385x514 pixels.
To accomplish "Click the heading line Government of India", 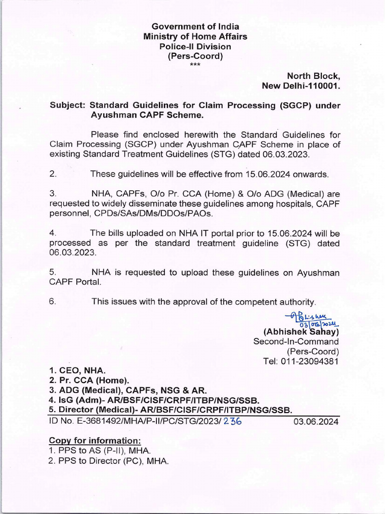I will point(195,27).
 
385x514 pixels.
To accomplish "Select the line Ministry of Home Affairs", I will point(195,37).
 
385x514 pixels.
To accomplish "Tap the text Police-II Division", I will point(195,46).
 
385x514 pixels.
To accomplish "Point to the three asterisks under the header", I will point(195,65).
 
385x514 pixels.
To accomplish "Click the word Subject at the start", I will point(68,105).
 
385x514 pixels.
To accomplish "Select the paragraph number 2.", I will point(53,174).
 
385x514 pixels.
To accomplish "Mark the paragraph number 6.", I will point(53,302).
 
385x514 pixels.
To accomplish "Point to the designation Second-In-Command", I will point(296,341).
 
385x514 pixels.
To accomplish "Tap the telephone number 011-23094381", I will point(309,361).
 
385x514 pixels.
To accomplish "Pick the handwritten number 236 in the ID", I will point(233,422).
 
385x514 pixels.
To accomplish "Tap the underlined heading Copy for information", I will point(88,440).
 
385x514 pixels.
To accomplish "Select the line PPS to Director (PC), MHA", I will point(108,460).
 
